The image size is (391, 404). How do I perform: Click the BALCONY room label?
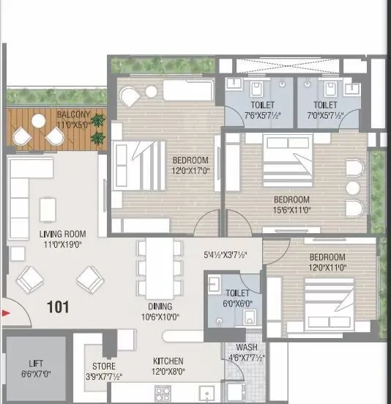73,115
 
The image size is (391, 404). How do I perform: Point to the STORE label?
103,367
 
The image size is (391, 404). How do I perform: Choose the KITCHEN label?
168,361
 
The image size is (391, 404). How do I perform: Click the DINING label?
159,306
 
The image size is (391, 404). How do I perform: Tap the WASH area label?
245,348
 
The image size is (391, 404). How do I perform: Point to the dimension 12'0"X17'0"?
191,171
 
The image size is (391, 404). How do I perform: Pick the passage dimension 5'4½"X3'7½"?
226,255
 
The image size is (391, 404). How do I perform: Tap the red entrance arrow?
7,313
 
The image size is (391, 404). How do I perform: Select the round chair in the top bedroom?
130,96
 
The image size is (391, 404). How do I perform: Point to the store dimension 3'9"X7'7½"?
103,377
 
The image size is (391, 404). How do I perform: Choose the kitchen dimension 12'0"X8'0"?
168,372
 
